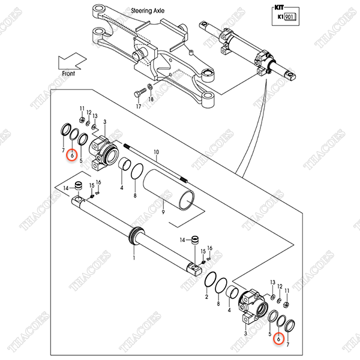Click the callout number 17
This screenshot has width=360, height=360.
(x=138, y=106)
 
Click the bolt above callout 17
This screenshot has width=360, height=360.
(x=139, y=93)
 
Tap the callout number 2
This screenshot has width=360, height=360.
(x=206, y=296)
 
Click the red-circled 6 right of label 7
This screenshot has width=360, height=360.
(x=71, y=155)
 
